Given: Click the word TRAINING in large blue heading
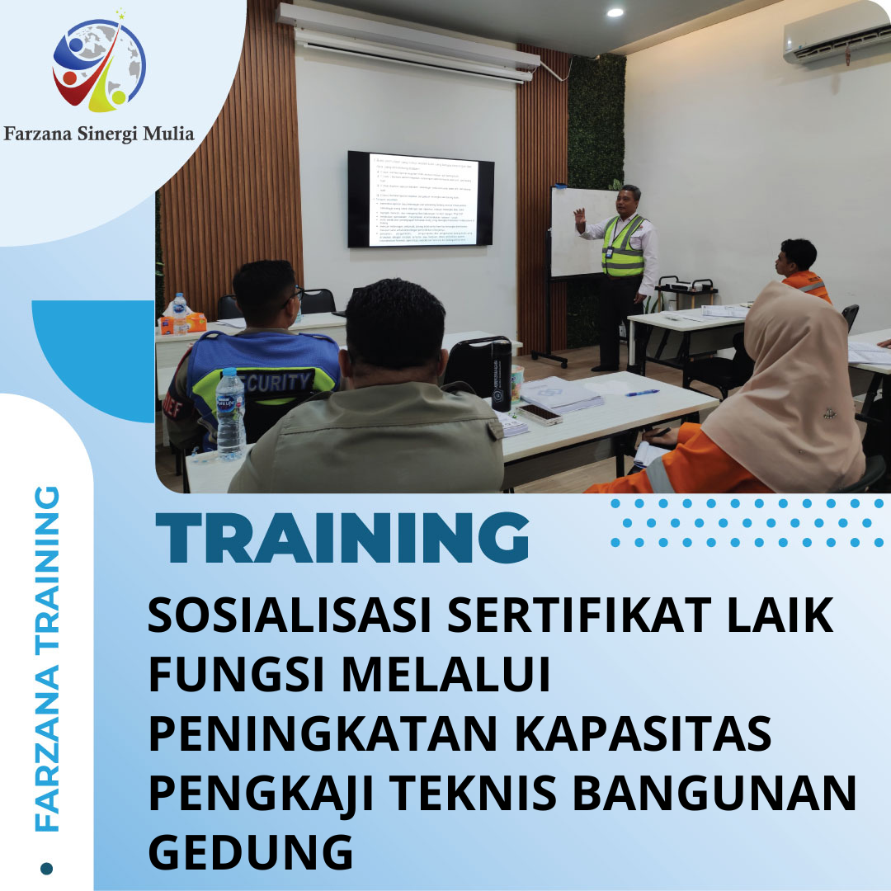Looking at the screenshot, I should [x=342, y=539].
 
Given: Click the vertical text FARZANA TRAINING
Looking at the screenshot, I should [x=49, y=660].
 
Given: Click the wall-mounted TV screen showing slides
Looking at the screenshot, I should [x=420, y=199].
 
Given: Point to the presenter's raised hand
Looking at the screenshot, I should [x=579, y=219].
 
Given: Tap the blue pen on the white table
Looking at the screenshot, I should [x=642, y=393].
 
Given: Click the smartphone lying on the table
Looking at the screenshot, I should [x=540, y=413].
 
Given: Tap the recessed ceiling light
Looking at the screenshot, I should [x=615, y=12].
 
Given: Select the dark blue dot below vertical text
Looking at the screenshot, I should [x=47, y=867].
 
